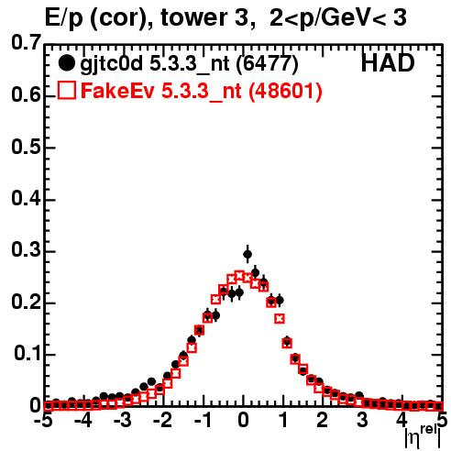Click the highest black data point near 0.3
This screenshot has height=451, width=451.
(x=247, y=254)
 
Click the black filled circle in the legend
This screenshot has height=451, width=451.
(x=66, y=63)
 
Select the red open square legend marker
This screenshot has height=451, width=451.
(x=67, y=90)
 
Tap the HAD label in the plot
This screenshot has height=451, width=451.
(x=388, y=63)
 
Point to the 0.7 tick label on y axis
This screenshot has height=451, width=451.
(x=26, y=42)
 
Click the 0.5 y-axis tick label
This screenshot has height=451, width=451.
(x=26, y=147)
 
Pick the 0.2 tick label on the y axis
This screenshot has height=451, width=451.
(x=26, y=302)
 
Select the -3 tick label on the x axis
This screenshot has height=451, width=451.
(x=123, y=420)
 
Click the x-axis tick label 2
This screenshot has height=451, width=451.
(x=322, y=420)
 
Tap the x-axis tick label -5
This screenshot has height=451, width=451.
(x=43, y=420)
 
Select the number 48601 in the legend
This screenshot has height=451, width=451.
(x=285, y=91)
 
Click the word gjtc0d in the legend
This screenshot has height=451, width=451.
(x=112, y=64)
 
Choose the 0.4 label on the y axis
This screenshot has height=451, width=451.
(x=26, y=199)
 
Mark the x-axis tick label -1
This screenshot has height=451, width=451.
(x=203, y=420)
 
